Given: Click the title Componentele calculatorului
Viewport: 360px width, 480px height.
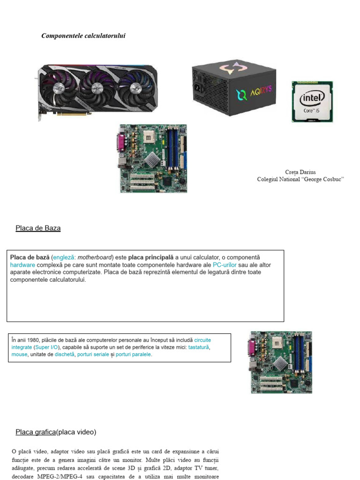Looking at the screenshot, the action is tap(83, 36).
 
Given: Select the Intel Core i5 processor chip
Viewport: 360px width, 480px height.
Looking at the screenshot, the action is tap(312, 102).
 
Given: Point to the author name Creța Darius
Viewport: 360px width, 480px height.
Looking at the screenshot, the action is tap(300, 172).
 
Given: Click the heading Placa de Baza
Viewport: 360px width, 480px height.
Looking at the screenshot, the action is tap(38, 228).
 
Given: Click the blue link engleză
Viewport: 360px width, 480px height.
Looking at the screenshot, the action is tap(63, 257).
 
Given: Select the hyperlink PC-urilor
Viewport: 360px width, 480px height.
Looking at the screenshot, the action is tap(225, 265).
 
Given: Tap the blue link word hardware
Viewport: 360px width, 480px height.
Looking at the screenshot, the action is tap(22, 265).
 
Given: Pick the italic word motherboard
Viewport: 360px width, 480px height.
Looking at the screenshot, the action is tap(95, 257).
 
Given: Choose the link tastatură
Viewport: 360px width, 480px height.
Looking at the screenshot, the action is tap(198, 347).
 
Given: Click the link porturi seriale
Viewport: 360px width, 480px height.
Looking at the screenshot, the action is tap(93, 354).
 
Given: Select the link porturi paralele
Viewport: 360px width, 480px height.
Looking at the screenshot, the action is tap(133, 354).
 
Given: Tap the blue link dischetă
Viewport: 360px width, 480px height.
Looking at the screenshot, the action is tap(64, 354).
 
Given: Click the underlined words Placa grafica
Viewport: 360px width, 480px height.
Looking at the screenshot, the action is tap(36, 432).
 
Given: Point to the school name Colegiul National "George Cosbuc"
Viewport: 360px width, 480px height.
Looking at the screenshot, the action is tap(300, 180).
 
